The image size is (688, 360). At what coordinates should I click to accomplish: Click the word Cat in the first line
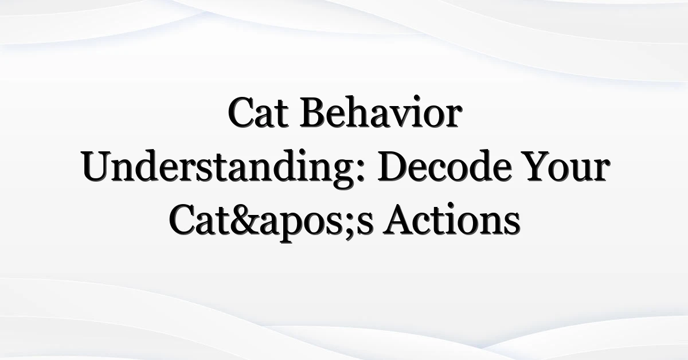[x=259, y=112]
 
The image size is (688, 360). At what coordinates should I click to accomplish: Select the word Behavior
[x=381, y=112]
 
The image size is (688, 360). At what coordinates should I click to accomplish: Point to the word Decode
[x=445, y=166]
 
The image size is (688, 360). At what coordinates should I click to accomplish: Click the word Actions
[x=452, y=220]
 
